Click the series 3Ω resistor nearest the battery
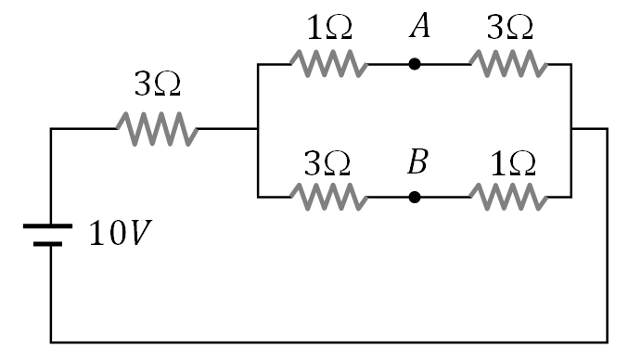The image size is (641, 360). click(157, 129)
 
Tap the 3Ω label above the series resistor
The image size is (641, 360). click(158, 87)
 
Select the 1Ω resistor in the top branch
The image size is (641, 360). click(327, 64)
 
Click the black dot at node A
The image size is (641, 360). click(415, 64)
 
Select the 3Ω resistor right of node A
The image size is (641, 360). click(507, 64)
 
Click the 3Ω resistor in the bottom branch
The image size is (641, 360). click(327, 197)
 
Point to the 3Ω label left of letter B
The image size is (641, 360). click(328, 163)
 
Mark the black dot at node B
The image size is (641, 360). click(415, 197)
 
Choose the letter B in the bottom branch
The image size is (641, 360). click(417, 162)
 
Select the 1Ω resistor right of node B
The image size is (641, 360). click(507, 197)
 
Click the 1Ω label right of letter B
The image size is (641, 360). click(512, 163)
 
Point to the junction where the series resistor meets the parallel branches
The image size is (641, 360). click(257, 129)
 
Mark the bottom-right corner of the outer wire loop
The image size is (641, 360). click(608, 341)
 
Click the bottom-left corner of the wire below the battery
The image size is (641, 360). click(51, 341)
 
